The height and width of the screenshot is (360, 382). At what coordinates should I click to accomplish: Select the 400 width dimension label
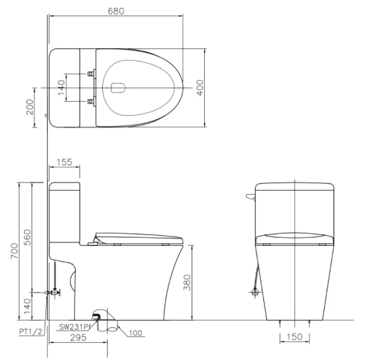[200, 87]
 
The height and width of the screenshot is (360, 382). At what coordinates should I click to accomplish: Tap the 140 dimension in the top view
[62, 88]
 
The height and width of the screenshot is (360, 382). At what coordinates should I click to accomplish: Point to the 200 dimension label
[30, 107]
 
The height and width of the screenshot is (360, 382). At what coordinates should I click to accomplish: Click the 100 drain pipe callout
[136, 332]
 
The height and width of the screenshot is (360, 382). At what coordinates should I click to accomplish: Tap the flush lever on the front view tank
[250, 198]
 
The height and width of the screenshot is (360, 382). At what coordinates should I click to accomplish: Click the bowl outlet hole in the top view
[117, 88]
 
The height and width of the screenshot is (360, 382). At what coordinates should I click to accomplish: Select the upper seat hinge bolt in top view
[90, 74]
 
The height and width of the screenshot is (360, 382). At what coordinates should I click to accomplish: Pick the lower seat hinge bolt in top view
[90, 101]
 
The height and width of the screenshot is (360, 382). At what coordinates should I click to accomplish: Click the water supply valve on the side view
[55, 293]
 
